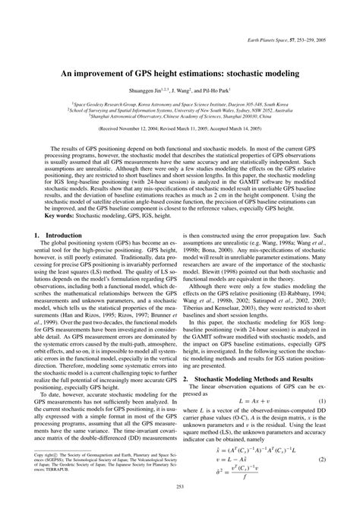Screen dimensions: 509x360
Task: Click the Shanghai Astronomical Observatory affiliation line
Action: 179,116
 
